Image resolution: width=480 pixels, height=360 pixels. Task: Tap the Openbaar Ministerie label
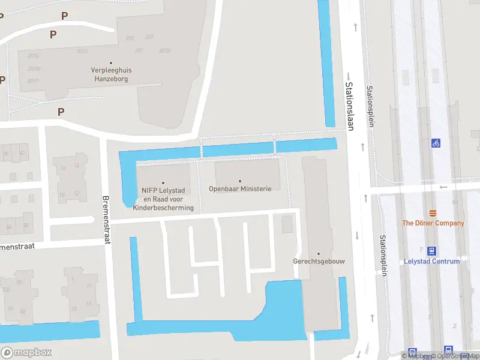(240, 188)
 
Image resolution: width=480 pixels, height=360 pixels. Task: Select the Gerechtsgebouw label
(319, 262)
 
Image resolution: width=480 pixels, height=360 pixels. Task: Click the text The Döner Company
(433, 223)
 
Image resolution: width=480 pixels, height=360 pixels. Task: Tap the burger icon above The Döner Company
(433, 214)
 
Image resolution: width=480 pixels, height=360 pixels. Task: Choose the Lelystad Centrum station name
(433, 262)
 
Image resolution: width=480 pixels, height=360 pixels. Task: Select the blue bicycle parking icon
(436, 143)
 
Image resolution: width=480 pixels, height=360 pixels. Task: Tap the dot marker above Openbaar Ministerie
(240, 181)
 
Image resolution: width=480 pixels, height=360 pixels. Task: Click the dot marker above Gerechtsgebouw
(319, 254)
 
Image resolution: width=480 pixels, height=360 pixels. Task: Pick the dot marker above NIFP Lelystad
(163, 182)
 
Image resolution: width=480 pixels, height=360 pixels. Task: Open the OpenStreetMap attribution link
(446, 356)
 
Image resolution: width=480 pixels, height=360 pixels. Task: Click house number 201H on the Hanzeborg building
(82, 51)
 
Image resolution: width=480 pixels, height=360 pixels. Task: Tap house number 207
(149, 37)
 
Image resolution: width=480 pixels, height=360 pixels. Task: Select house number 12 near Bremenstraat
(77, 193)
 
